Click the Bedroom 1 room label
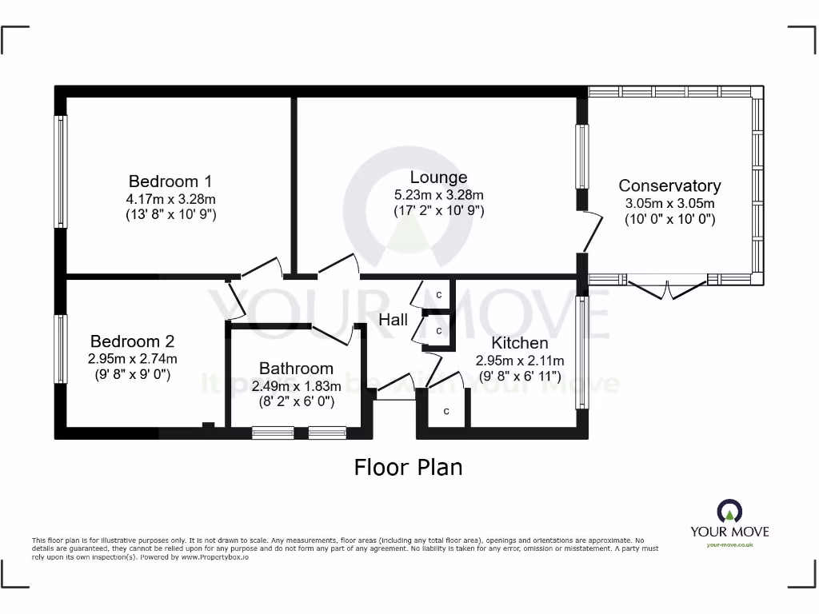click(170, 181)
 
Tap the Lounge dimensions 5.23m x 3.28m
click(438, 194)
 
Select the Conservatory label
click(669, 185)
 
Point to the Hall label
click(394, 320)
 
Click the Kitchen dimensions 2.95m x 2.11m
click(520, 360)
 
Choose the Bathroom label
click(296, 369)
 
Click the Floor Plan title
click(408, 466)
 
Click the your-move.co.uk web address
click(729, 544)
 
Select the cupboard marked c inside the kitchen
click(446, 412)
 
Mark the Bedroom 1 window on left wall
click(61, 171)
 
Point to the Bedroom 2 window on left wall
click(61, 348)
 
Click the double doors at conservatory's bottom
click(667, 289)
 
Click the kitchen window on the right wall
click(583, 352)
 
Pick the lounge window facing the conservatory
click(583, 157)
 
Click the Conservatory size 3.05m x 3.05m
click(669, 203)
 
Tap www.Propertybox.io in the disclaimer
click(213, 556)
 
